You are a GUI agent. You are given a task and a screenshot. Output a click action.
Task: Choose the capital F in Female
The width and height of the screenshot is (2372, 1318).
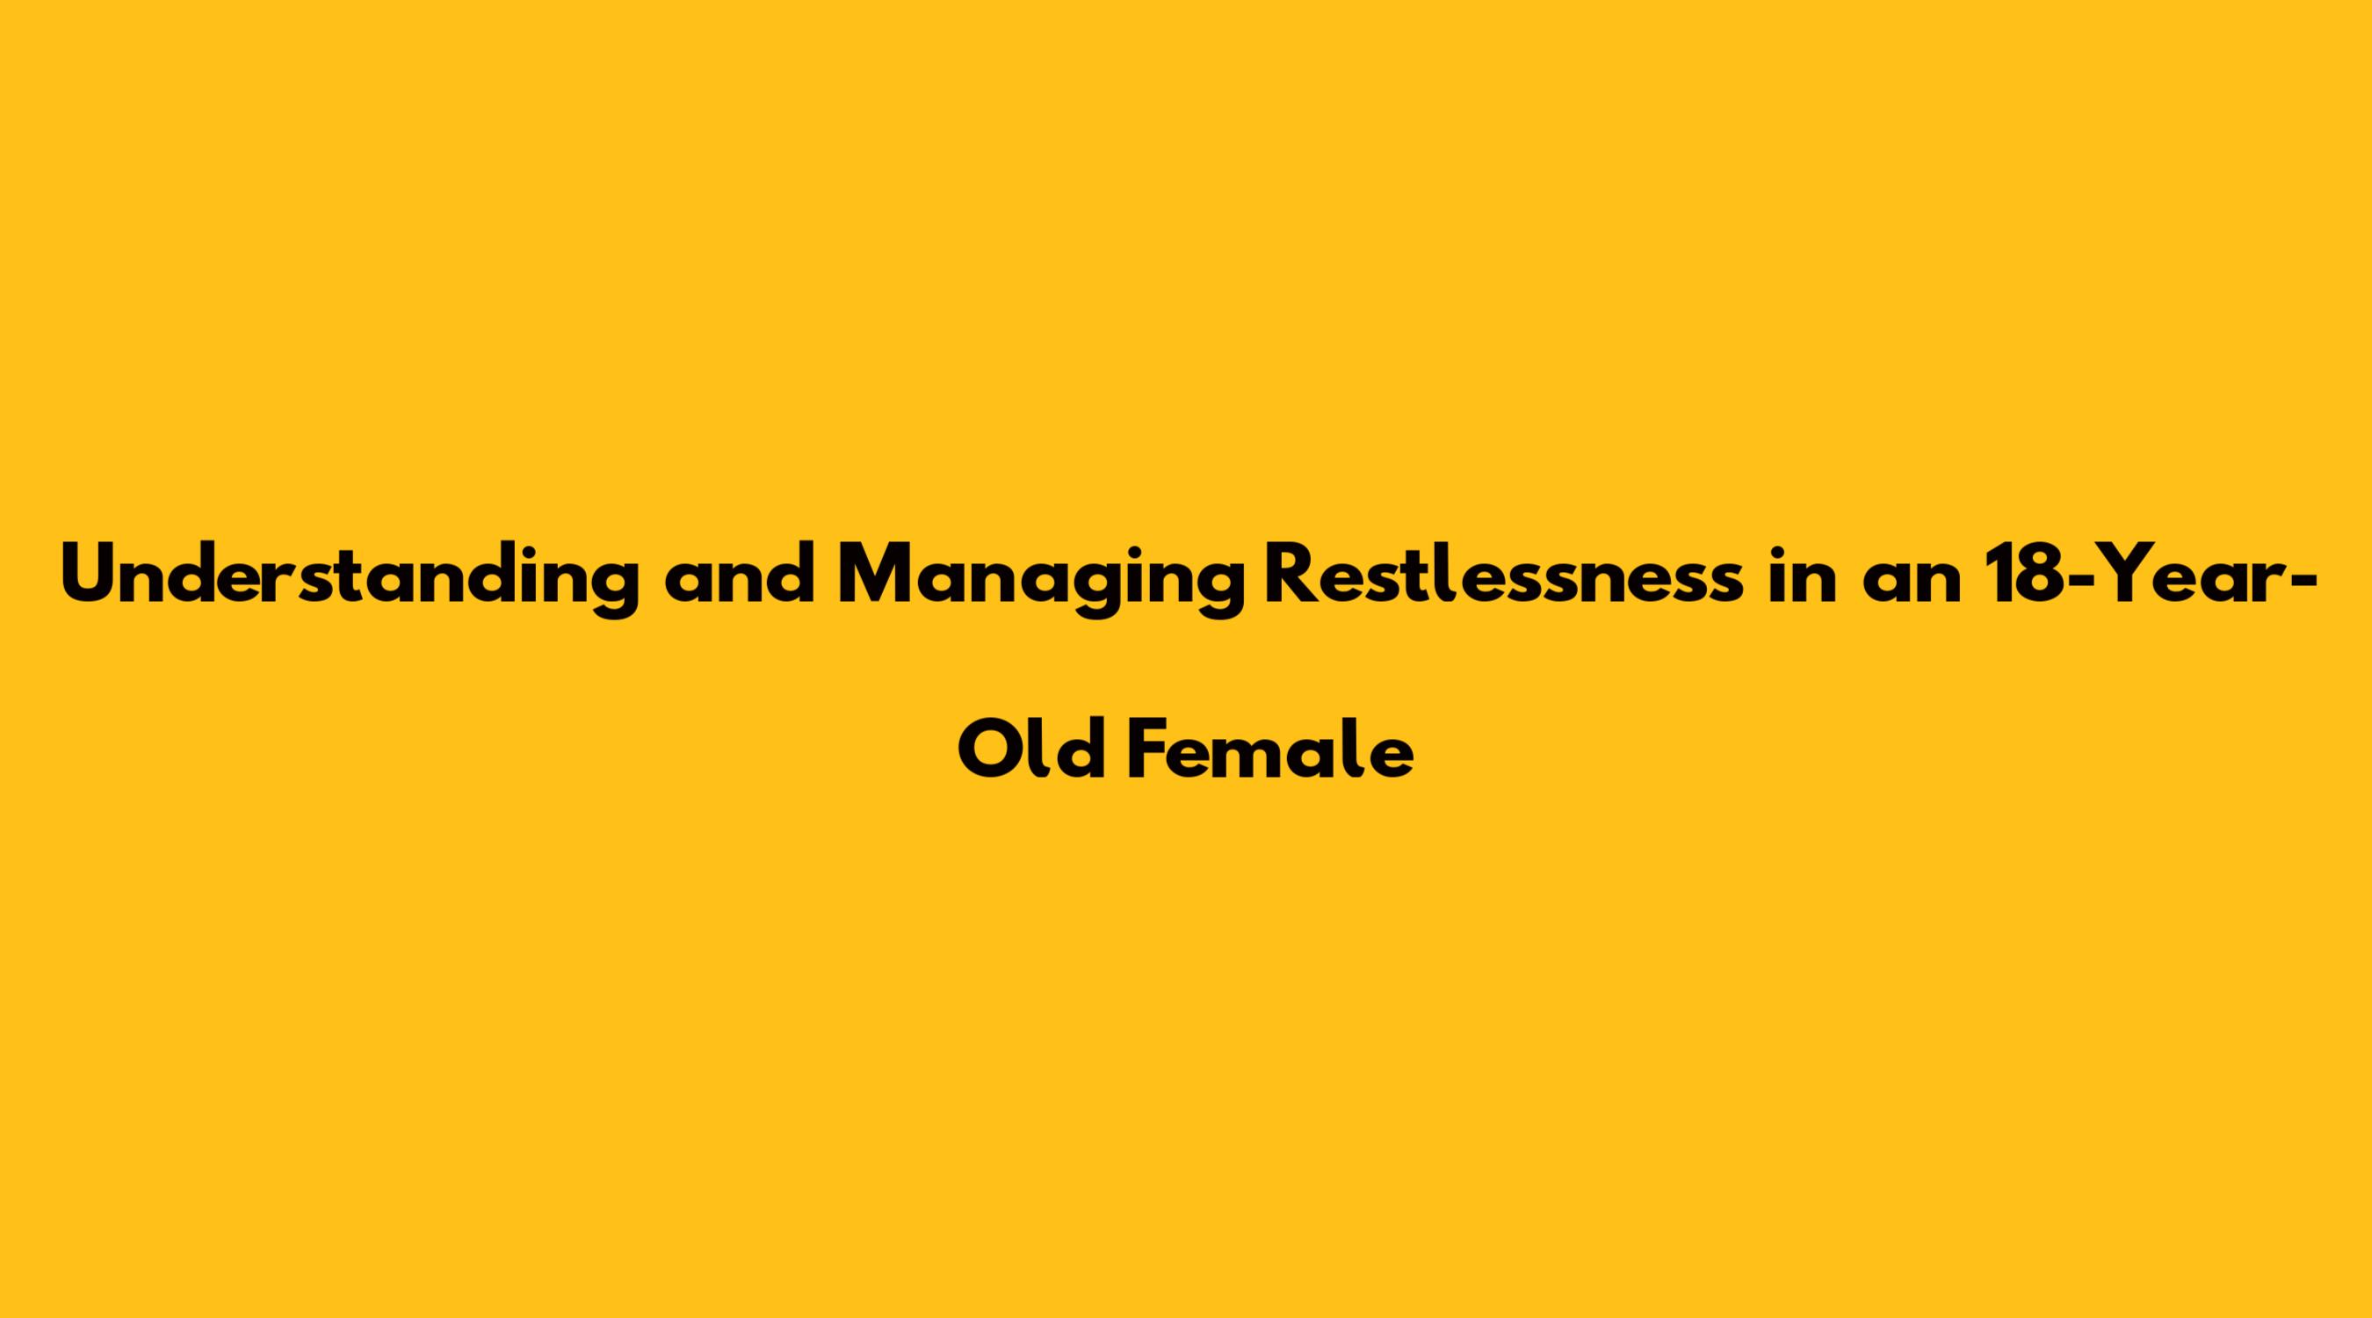click(x=1150, y=748)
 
